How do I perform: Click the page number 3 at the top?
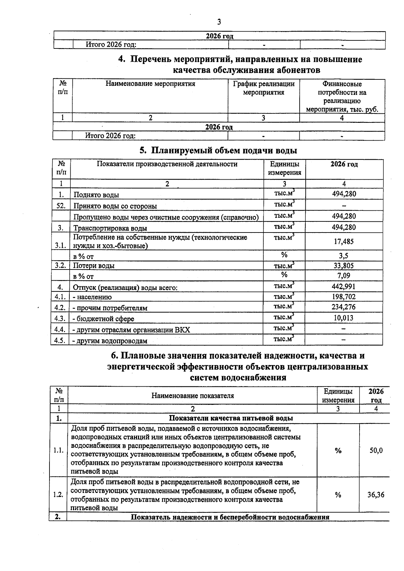pos(219,22)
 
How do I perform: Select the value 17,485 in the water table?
pos(344,242)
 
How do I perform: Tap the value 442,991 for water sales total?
pos(344,287)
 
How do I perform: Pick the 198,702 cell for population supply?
pos(344,297)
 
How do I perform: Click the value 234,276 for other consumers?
pos(344,307)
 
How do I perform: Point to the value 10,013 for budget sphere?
pos(344,318)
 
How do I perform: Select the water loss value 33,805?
pos(344,265)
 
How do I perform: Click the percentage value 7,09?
pos(344,276)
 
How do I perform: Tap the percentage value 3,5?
pos(344,256)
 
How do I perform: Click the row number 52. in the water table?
pos(61,206)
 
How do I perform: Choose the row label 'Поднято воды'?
pos(96,195)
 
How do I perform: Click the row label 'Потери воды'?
pos(94,265)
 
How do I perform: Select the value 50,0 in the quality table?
pos(376,451)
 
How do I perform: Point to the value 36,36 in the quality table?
pos(376,495)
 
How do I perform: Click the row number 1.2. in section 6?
pos(58,495)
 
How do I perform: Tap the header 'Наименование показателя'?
pos(193,396)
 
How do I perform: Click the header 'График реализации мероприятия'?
pos(264,88)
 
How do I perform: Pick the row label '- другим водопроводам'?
pos(110,341)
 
